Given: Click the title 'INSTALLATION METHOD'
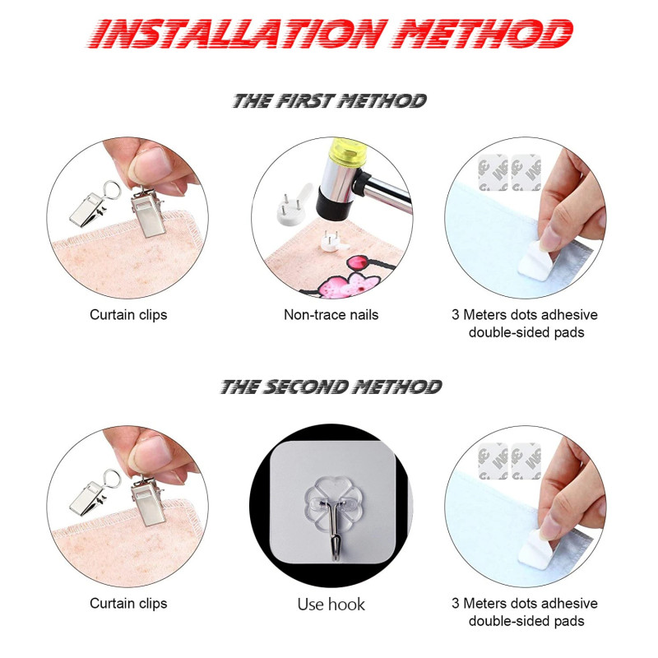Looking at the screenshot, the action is (331, 34).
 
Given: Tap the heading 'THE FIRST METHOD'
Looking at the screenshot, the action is (330, 101).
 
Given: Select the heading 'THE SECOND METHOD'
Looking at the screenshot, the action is (331, 387).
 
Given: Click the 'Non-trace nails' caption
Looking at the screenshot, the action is (331, 315).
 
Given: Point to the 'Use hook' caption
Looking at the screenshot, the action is (331, 605).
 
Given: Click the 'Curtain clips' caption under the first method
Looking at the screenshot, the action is (128, 315).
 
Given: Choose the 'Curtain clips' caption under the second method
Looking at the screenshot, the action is (128, 604).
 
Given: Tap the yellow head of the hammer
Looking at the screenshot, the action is (347, 151).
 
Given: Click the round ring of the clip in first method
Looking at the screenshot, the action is (112, 191).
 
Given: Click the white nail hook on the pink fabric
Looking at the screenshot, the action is (333, 242).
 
